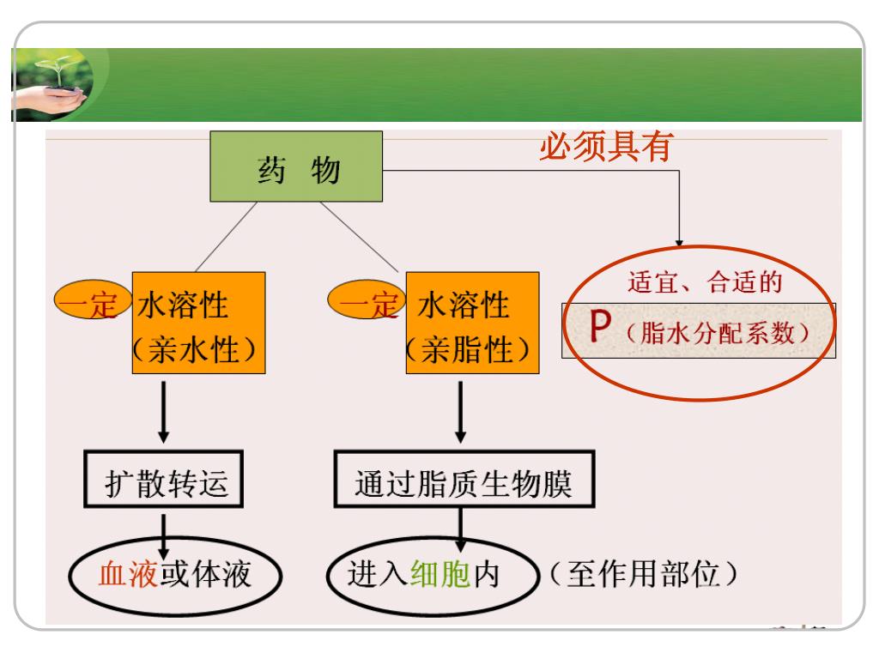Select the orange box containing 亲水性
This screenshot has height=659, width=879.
coord(197,323)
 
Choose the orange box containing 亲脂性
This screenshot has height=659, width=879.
coord(472,323)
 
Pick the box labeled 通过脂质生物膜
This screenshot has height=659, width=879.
coord(464,485)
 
